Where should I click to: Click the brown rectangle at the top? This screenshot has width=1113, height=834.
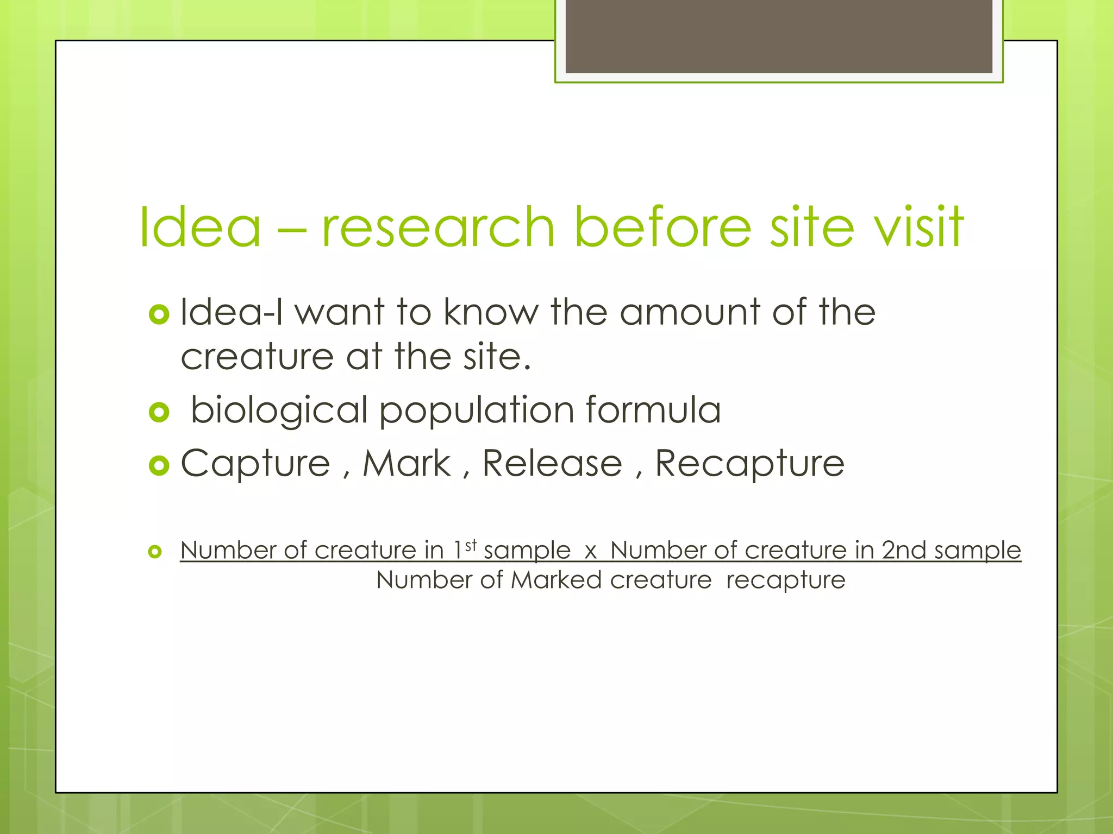[x=779, y=36]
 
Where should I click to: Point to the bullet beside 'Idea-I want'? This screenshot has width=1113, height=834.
[x=159, y=314]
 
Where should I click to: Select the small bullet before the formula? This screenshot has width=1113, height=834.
[x=155, y=552]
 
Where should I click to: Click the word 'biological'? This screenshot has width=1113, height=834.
[x=279, y=410]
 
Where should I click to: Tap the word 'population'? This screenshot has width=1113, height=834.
[x=476, y=410]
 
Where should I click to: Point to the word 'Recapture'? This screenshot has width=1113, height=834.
[x=749, y=464]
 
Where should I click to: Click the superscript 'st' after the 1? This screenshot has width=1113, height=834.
[x=471, y=545]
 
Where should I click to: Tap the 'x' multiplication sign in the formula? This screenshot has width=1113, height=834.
[x=591, y=552]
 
